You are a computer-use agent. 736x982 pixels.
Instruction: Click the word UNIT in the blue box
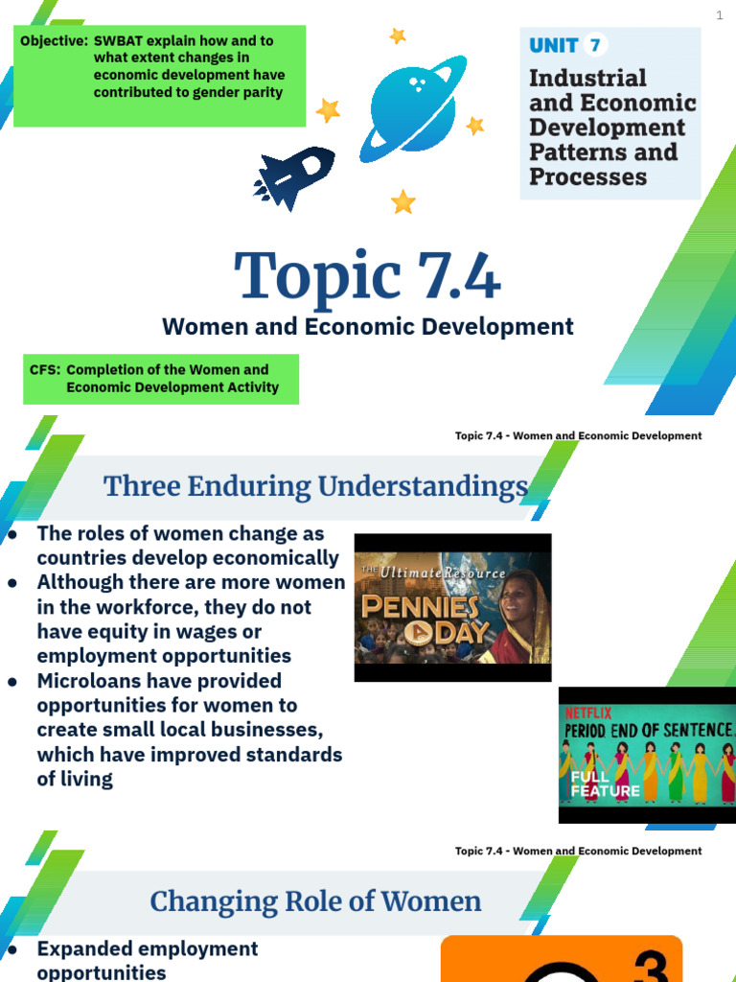coord(554,45)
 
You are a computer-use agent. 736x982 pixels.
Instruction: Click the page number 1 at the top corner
coord(719,15)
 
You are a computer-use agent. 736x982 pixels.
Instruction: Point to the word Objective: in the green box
coord(54,41)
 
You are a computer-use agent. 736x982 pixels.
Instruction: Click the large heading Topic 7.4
coord(367,276)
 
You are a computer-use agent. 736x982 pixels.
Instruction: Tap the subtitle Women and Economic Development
coord(367,326)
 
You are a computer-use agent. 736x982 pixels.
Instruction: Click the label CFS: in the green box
coord(44,369)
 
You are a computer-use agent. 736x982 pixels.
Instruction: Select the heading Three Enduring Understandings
coord(315,486)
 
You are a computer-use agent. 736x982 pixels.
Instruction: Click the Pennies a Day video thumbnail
coord(452,607)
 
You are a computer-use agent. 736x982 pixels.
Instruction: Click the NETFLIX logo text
coord(586,713)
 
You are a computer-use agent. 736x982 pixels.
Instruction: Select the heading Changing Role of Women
coord(315,901)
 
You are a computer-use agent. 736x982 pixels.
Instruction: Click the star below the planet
coord(403,201)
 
